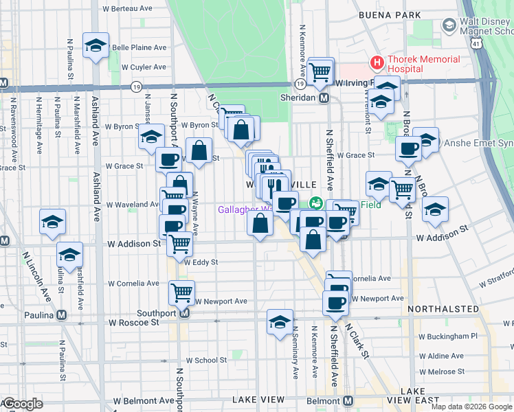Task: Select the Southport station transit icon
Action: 184,314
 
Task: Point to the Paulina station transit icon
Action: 62,315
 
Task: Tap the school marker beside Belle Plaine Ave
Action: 96,46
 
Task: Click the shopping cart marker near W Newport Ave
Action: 182,292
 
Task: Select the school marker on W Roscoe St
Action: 280,322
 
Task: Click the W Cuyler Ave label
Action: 144,67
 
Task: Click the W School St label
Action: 199,360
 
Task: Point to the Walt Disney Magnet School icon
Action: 449,26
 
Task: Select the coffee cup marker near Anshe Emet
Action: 408,149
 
